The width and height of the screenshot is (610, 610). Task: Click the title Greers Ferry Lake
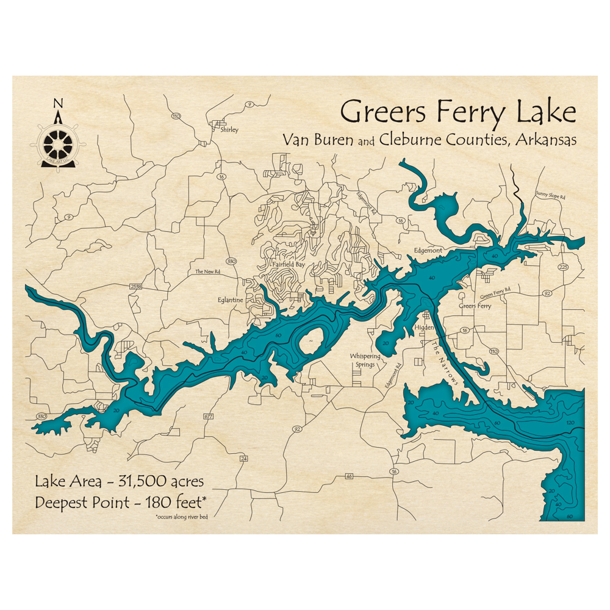coord(457,113)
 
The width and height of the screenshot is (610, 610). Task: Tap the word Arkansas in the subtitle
coord(545,140)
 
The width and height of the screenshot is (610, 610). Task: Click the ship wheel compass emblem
coord(58,144)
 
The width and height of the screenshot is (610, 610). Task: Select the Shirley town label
coord(230,129)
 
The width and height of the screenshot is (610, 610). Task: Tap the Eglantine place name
coord(231,300)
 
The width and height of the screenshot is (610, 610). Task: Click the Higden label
coord(424,328)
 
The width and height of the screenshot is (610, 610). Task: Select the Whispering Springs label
coord(365,360)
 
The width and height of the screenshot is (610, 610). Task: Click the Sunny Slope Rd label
coord(551,196)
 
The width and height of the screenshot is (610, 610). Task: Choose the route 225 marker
coord(562,267)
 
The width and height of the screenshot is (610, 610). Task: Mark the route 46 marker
coord(349,476)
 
